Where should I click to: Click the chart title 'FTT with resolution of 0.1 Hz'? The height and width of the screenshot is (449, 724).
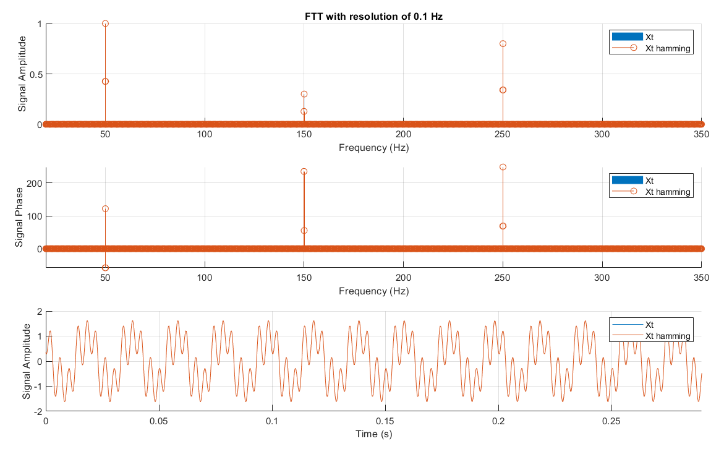click(x=373, y=17)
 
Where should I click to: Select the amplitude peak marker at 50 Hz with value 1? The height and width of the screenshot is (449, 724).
click(x=105, y=24)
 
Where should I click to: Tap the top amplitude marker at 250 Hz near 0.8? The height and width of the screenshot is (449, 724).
click(x=503, y=44)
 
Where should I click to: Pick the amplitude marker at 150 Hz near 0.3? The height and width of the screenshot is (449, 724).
click(x=304, y=94)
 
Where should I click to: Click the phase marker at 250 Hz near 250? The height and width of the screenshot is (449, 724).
click(x=503, y=167)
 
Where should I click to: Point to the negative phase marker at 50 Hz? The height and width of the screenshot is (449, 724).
click(x=105, y=268)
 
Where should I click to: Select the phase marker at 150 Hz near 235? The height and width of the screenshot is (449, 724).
click(x=304, y=172)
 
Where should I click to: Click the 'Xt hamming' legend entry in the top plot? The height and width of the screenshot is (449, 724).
click(x=651, y=48)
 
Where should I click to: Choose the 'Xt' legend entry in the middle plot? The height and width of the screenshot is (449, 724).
click(x=632, y=181)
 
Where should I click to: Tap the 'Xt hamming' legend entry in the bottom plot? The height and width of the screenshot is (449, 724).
click(x=651, y=336)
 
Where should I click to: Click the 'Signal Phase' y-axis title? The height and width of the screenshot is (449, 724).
click(x=19, y=217)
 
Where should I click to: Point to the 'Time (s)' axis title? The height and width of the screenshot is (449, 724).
click(x=373, y=434)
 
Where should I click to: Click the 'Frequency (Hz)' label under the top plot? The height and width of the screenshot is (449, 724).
click(x=373, y=148)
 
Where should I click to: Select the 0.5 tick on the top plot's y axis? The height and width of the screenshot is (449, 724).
click(x=36, y=74)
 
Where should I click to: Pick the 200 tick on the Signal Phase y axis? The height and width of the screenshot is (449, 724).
click(x=34, y=184)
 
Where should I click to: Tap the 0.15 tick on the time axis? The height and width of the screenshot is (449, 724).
click(x=385, y=421)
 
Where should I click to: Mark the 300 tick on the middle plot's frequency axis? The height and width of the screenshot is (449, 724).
click(x=602, y=278)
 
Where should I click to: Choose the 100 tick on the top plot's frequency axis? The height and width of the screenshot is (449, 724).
click(x=205, y=134)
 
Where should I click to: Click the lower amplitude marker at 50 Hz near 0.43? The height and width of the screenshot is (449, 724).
click(x=105, y=81)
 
